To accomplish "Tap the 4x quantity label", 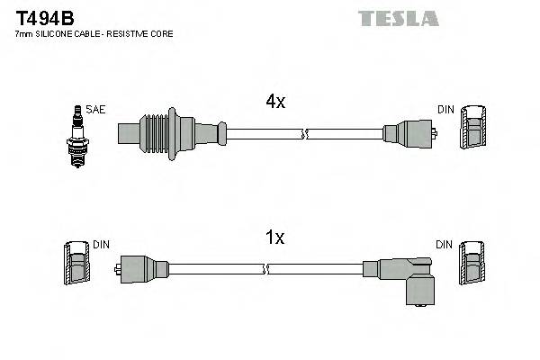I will pyautogui.click(x=275, y=103).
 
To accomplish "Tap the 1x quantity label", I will pyautogui.click(x=275, y=238).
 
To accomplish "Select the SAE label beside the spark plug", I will pyautogui.click(x=96, y=110).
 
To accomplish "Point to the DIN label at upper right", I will pyautogui.click(x=445, y=110).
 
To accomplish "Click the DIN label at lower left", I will pyautogui.click(x=101, y=244).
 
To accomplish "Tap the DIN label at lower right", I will pyautogui.click(x=445, y=244).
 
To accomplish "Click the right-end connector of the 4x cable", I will pyautogui.click(x=409, y=135).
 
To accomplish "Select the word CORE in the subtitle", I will pyautogui.click(x=158, y=33).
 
